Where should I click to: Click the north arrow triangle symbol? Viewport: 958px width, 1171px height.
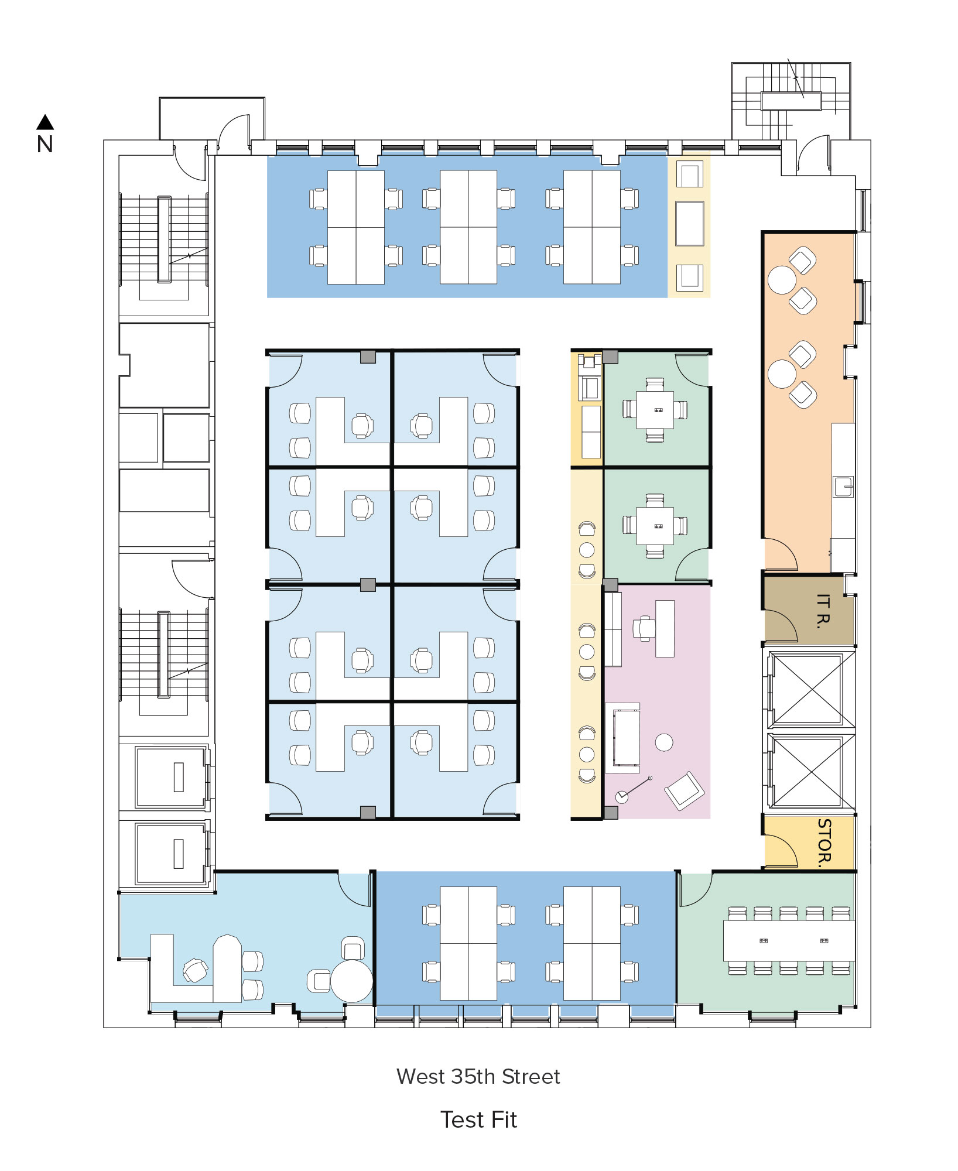(x=45, y=122)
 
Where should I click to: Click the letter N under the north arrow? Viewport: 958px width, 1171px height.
(x=45, y=145)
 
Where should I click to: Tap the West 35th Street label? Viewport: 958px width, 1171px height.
(x=478, y=1077)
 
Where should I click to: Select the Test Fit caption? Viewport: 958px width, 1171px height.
(x=478, y=1120)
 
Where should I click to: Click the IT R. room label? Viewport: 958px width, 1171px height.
(x=823, y=611)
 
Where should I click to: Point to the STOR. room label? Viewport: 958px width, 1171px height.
(x=824, y=843)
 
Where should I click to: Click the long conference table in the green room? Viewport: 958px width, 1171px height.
(x=789, y=940)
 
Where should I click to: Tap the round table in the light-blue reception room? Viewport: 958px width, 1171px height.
(x=351, y=981)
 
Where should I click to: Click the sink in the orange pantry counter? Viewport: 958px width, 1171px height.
(x=843, y=487)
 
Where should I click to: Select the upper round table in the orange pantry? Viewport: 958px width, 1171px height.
(x=782, y=280)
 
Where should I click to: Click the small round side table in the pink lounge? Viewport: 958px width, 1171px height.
(x=664, y=742)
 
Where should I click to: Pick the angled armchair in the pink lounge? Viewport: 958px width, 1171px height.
(x=684, y=790)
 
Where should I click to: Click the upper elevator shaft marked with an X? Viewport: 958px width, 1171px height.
(x=808, y=689)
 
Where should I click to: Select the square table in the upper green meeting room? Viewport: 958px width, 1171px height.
(x=655, y=409)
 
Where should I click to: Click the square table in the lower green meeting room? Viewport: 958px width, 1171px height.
(x=655, y=526)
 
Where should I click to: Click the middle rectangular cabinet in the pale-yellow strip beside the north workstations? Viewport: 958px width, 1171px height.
(x=689, y=224)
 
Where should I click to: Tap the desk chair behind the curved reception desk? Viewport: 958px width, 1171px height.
(x=195, y=970)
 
